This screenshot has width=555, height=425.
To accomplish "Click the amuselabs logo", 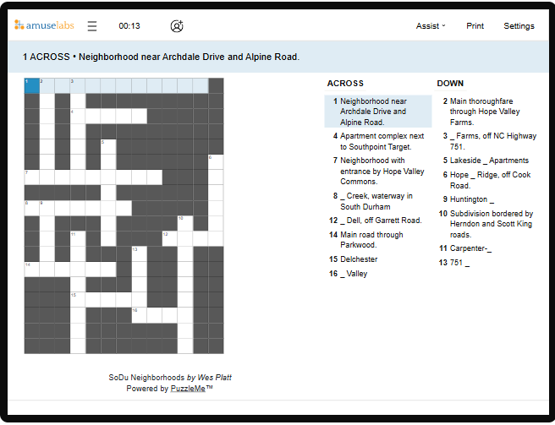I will tap(44, 25).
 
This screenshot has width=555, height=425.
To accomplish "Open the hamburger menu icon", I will tap(92, 26).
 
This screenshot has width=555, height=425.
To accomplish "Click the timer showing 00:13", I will tap(129, 26).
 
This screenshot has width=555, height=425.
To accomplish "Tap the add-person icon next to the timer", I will tap(176, 26).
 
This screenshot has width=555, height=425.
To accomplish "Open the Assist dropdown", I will tap(431, 26).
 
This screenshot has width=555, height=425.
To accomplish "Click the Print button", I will tap(475, 26).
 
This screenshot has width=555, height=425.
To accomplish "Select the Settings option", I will tap(519, 26).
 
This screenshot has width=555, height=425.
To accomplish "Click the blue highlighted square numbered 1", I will tap(31, 85).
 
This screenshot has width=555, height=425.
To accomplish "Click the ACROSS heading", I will tap(345, 84).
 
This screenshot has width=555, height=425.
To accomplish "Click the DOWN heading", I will tap(450, 84).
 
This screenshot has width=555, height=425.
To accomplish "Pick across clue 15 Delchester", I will tap(359, 259).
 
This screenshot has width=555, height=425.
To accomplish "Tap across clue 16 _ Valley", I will tap(354, 274).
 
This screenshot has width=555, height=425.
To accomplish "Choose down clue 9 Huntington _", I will tap(471, 199).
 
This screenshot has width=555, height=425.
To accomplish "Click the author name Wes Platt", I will tap(214, 378).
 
